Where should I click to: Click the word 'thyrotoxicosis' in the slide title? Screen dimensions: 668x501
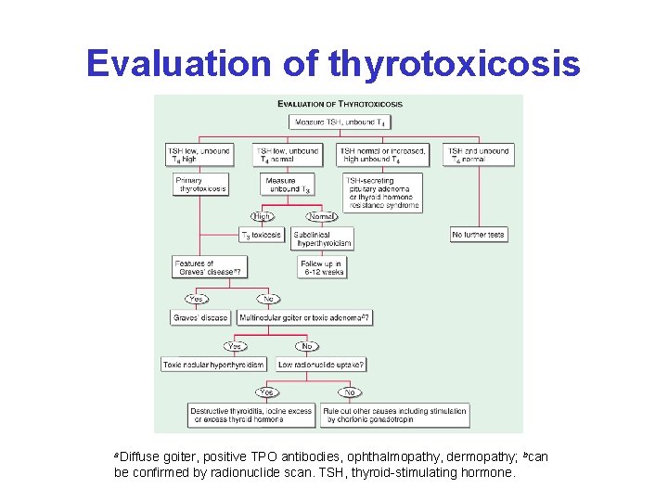click(454, 64)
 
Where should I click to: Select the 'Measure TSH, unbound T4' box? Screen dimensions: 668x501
click(340, 122)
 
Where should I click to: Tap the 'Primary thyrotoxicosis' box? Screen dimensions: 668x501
click(200, 184)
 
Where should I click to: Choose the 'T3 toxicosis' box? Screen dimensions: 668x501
click(262, 236)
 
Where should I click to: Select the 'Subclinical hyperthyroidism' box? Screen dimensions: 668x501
click(322, 238)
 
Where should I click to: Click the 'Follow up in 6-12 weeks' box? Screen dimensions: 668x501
click(322, 267)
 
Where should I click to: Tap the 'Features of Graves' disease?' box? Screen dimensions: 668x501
click(209, 267)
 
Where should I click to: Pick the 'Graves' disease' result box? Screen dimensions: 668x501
click(200, 317)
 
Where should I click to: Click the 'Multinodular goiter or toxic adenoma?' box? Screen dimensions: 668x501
click(305, 317)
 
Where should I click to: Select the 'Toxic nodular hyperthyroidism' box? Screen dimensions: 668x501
click(213, 365)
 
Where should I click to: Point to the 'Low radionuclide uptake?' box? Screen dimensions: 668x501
click(321, 365)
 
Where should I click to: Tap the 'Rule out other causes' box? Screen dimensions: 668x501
click(394, 415)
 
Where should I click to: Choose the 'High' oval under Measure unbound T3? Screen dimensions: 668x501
click(263, 216)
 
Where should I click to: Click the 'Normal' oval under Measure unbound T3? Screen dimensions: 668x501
click(321, 216)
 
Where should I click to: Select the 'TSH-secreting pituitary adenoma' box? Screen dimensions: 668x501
click(381, 193)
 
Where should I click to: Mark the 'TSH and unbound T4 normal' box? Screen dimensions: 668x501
click(480, 154)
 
